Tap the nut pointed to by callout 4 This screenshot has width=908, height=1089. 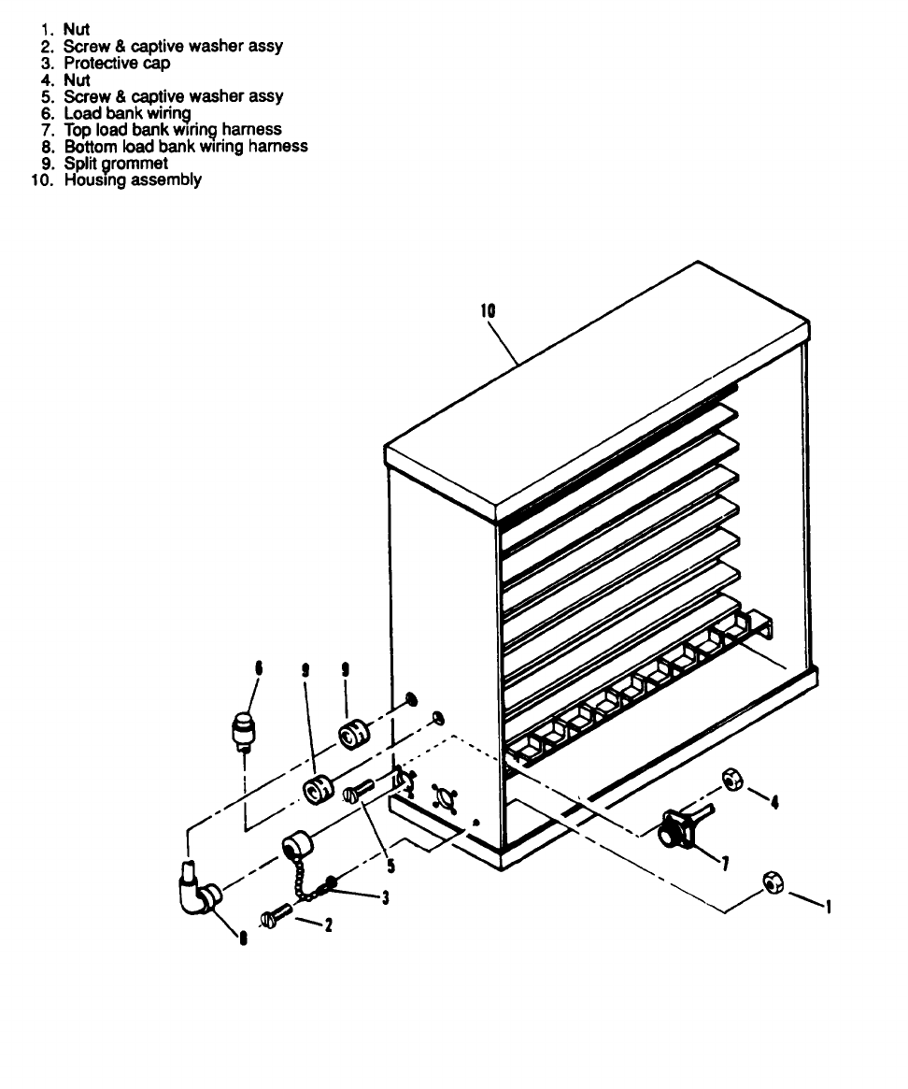pos(731,780)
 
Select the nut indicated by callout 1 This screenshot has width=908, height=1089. pos(772,881)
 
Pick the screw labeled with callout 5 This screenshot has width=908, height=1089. pos(358,793)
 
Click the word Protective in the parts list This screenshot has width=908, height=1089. pos(97,64)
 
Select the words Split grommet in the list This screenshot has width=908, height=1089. pos(116,163)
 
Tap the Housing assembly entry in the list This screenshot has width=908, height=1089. pos(133,179)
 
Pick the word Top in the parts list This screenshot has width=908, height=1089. pos(78,129)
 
